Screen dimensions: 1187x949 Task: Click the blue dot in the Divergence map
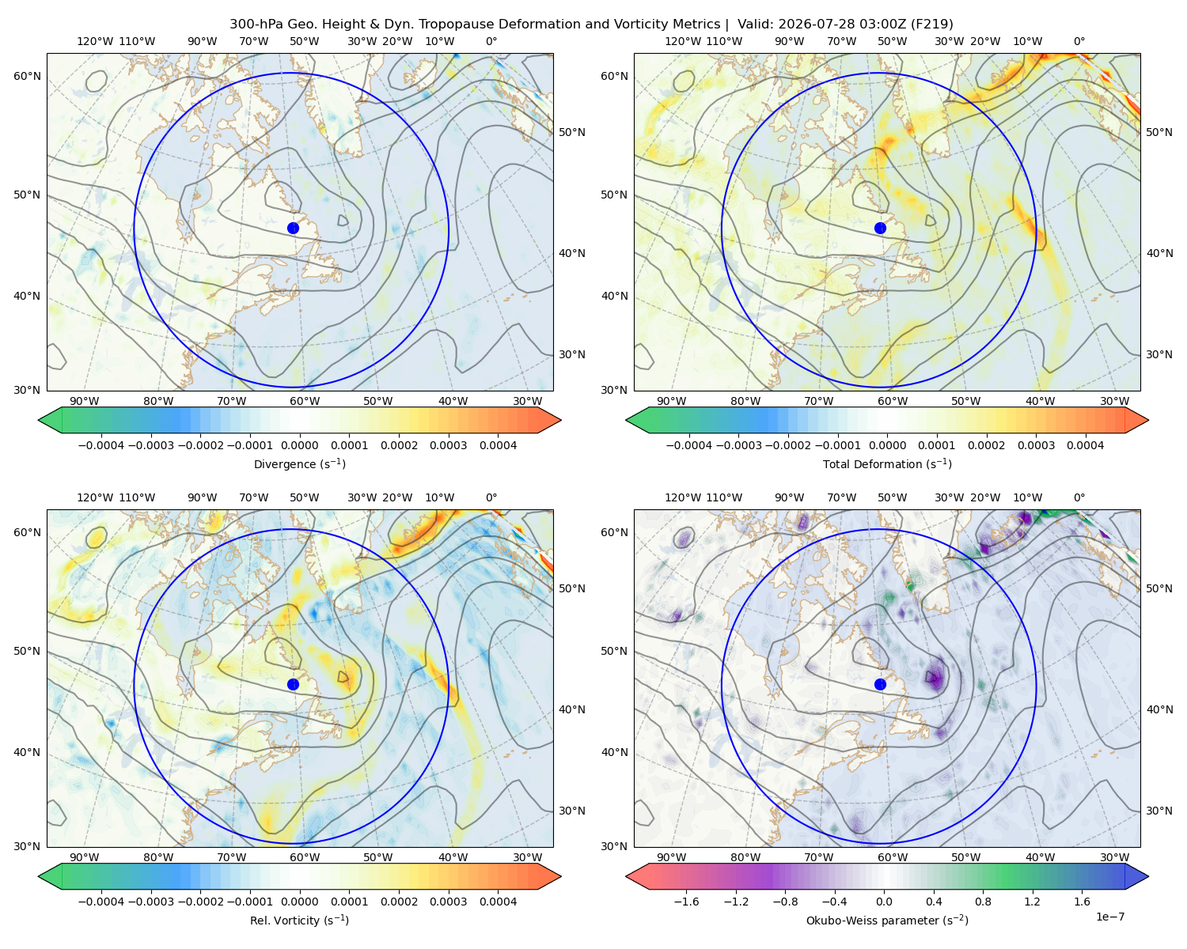click(x=293, y=229)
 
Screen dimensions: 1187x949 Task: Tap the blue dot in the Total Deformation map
click(x=880, y=229)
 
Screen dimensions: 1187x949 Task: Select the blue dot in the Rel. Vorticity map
click(x=293, y=684)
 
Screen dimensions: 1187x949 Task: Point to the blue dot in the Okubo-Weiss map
click(x=880, y=684)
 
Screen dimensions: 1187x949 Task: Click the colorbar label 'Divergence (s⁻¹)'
click(x=299, y=463)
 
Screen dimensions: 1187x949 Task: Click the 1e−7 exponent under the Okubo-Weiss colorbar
click(x=1109, y=917)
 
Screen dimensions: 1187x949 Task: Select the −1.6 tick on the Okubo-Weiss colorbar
click(x=687, y=902)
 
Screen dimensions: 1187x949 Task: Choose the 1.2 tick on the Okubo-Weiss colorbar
click(x=1033, y=902)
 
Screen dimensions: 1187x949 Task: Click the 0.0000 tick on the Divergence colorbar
click(x=299, y=445)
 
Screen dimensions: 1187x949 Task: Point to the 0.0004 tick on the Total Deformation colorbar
click(x=1086, y=445)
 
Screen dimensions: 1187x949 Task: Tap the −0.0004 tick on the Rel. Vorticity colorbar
click(x=101, y=902)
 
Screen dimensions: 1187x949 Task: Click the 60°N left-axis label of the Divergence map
click(x=27, y=76)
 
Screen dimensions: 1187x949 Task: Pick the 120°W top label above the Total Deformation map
click(x=683, y=41)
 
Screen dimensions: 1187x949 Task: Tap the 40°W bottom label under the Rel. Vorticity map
click(x=453, y=857)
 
